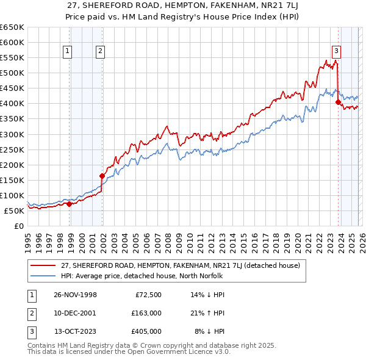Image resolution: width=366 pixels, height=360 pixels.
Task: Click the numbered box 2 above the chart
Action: click(99, 52)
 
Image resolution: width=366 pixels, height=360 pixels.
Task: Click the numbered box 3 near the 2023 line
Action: click(336, 52)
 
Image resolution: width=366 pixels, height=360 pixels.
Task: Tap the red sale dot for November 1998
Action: click(69, 204)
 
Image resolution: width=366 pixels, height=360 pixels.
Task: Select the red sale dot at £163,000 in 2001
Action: click(102, 176)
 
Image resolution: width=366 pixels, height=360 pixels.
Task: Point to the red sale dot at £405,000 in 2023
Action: click(338, 103)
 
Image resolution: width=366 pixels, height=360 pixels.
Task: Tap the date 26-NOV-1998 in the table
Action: click(75, 295)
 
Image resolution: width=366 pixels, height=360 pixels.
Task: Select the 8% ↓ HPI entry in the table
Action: click(209, 331)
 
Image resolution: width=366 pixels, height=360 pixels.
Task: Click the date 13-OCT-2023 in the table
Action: click(76, 331)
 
